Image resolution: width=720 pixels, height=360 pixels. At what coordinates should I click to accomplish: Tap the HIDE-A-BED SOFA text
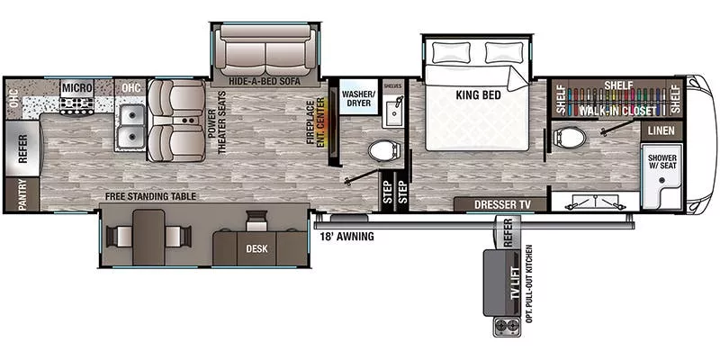pos(264,80)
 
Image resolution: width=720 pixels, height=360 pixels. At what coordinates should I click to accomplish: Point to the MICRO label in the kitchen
pos(76,86)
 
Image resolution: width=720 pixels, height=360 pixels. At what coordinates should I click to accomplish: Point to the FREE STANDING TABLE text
pos(149,196)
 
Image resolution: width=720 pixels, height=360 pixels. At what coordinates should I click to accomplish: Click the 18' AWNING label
pos(346,238)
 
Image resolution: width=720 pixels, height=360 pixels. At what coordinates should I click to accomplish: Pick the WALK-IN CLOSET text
pos(616,110)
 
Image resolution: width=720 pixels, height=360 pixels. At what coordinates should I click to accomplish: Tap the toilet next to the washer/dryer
pos(382,150)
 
